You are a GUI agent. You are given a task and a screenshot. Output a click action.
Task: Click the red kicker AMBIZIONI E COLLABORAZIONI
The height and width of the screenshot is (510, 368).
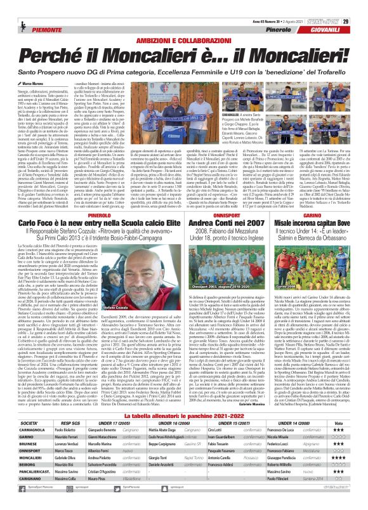(183, 23)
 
